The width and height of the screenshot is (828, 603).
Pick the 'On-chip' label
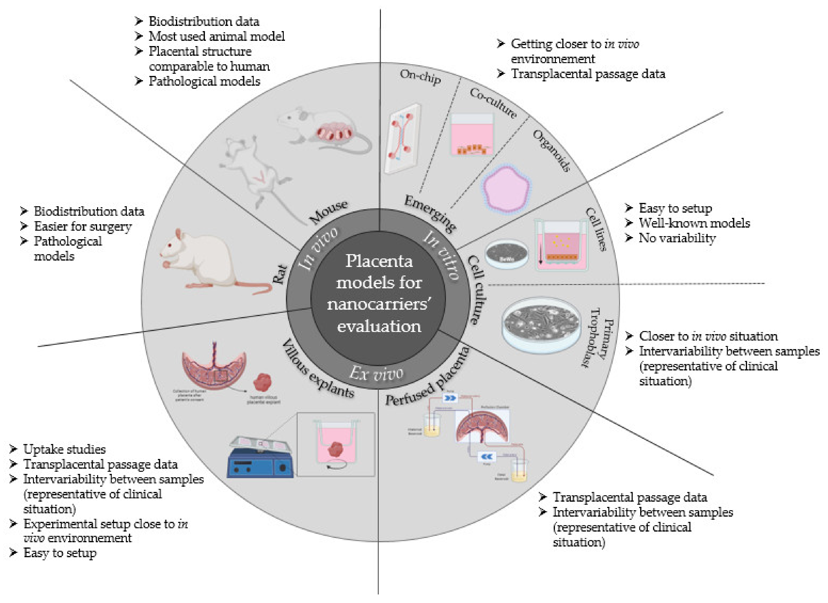click(x=420, y=77)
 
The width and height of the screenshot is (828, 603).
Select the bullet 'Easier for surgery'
click(x=83, y=226)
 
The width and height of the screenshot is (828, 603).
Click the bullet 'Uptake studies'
click(x=64, y=449)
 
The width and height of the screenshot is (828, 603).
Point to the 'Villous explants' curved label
click(x=318, y=369)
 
